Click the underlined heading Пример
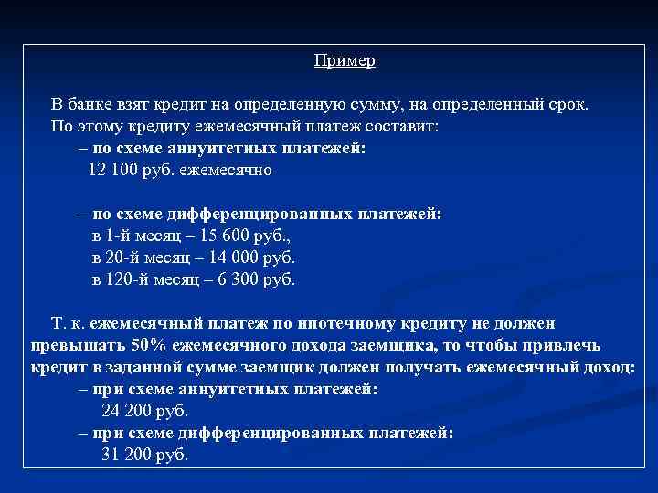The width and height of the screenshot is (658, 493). (x=345, y=60)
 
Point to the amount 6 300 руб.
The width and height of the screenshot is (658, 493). (x=257, y=279)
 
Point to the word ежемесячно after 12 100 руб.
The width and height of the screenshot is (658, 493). (x=226, y=170)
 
